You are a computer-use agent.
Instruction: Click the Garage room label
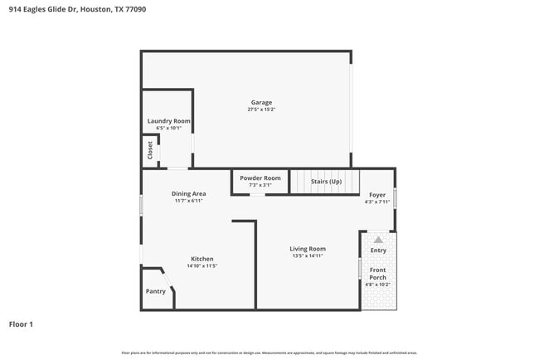[x=261, y=103]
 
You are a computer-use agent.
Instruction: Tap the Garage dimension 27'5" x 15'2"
[x=261, y=109]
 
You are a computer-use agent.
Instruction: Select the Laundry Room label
[x=168, y=121]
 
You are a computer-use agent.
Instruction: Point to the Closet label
[x=150, y=150]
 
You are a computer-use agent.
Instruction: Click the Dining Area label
[x=188, y=194]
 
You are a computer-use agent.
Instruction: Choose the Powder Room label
[x=260, y=178]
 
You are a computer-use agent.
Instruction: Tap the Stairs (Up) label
[x=326, y=181]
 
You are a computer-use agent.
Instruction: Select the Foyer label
[x=377, y=195]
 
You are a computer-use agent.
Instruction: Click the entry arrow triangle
[x=379, y=240]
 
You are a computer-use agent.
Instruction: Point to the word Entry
[x=378, y=250]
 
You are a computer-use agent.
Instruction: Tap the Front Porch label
[x=378, y=274]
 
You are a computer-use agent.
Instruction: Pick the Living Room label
[x=307, y=249]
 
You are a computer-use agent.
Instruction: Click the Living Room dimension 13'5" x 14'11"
[x=307, y=255]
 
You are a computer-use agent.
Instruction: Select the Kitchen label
[x=202, y=259]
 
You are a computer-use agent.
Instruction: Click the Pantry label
[x=155, y=291]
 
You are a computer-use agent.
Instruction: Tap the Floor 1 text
[x=21, y=324]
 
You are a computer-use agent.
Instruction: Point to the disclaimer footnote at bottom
[x=269, y=352]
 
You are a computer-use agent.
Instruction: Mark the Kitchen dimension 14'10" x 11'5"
[x=202, y=265]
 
